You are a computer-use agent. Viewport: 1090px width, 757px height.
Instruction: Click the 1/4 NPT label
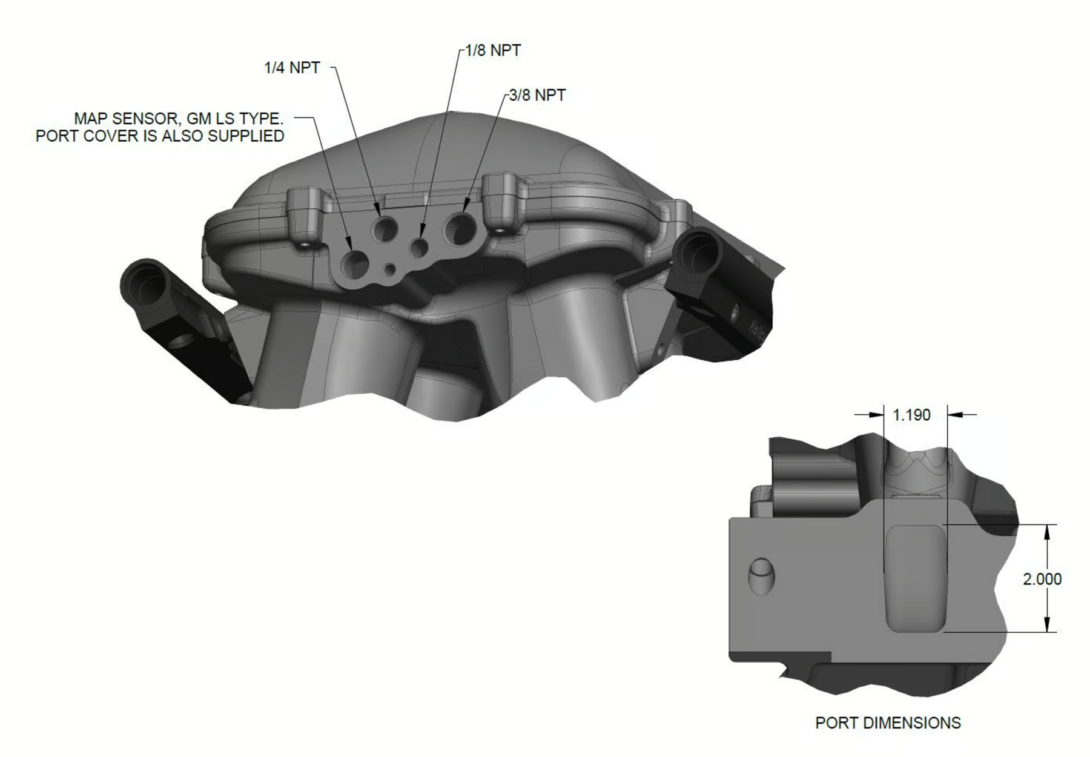(292, 67)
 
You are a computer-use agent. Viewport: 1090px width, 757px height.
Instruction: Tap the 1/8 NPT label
(493, 50)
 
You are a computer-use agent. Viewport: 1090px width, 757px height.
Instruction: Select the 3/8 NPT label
(537, 95)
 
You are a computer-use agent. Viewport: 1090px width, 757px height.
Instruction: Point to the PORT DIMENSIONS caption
(888, 722)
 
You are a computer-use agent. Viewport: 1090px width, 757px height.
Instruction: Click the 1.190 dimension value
(911, 415)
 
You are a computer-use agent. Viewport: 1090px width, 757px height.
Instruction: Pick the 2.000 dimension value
(1042, 579)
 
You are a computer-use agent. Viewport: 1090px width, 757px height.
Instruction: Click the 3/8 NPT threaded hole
(460, 228)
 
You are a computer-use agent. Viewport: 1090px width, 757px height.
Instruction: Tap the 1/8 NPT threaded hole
(419, 246)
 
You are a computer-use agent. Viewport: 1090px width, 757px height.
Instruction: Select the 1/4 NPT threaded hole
(385, 229)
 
